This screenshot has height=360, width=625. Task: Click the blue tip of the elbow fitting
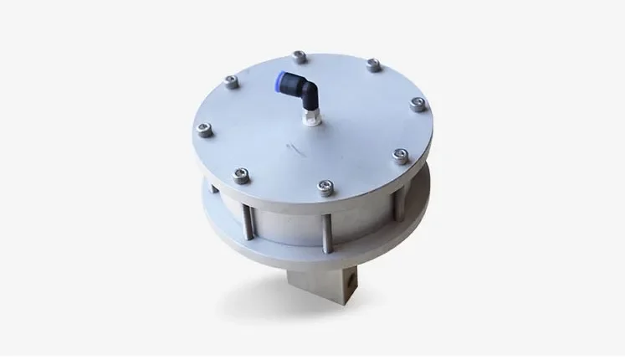pyautogui.click(x=283, y=80)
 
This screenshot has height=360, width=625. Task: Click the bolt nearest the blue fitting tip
pyautogui.click(x=300, y=57)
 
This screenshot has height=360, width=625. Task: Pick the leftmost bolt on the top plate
pyautogui.click(x=203, y=130)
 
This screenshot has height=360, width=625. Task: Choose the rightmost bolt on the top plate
pyautogui.click(x=418, y=105)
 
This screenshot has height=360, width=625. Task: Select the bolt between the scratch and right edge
pyautogui.click(x=401, y=155)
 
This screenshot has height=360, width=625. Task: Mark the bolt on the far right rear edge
pyautogui.click(x=373, y=65)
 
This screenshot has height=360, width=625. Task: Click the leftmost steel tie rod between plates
pyautogui.click(x=248, y=219)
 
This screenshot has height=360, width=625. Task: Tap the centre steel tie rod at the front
pyautogui.click(x=325, y=226)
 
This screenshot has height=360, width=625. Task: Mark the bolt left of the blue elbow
pyautogui.click(x=232, y=82)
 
